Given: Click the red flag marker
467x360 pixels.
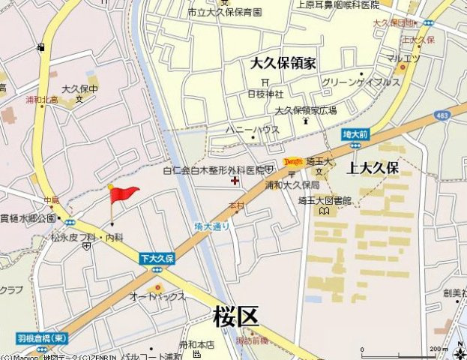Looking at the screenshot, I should tap(124, 195).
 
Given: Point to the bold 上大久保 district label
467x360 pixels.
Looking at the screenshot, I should tap(373, 168).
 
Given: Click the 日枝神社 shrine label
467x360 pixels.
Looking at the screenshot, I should tap(265, 94).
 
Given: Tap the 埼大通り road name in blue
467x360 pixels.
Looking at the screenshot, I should tap(212, 225).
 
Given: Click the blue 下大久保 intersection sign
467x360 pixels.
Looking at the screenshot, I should tap(157, 258).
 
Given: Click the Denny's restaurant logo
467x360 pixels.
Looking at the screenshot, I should tap(293, 161).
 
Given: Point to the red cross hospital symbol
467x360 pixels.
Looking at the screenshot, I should tap(235, 181).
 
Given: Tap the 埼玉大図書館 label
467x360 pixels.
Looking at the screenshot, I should tap(325, 200).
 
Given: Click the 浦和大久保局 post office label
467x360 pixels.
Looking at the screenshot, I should tap(292, 184).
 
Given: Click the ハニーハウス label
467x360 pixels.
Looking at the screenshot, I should tap(253, 130).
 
